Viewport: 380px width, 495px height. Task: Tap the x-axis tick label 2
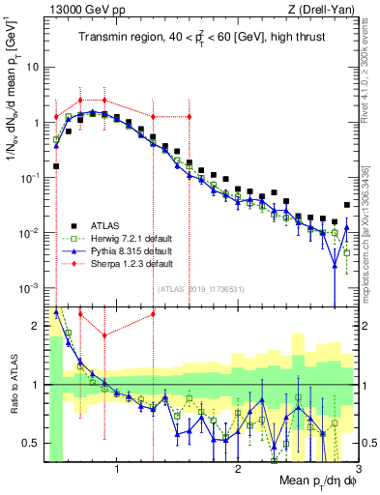click(238, 470)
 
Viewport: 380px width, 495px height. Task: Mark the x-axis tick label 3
click(358, 470)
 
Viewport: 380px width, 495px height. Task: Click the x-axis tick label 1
click(117, 470)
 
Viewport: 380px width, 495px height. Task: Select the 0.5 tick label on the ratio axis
click(31, 443)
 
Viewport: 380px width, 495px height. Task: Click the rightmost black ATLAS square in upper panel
click(346, 205)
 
